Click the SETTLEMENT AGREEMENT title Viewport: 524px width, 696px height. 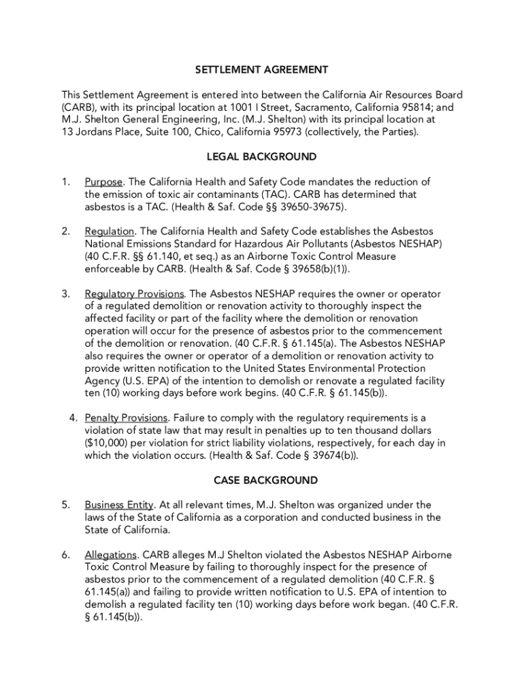(x=261, y=70)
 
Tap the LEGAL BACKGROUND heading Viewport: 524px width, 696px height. (x=261, y=157)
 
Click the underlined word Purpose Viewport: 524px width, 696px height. (x=104, y=182)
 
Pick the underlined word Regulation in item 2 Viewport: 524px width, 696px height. (x=109, y=232)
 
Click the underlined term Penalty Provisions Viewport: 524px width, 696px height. (x=126, y=418)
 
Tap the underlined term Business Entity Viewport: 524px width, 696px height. (x=120, y=505)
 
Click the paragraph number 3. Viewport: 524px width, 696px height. (x=65, y=294)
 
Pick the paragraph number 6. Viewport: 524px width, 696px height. (x=65, y=555)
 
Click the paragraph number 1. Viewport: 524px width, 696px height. (x=65, y=182)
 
